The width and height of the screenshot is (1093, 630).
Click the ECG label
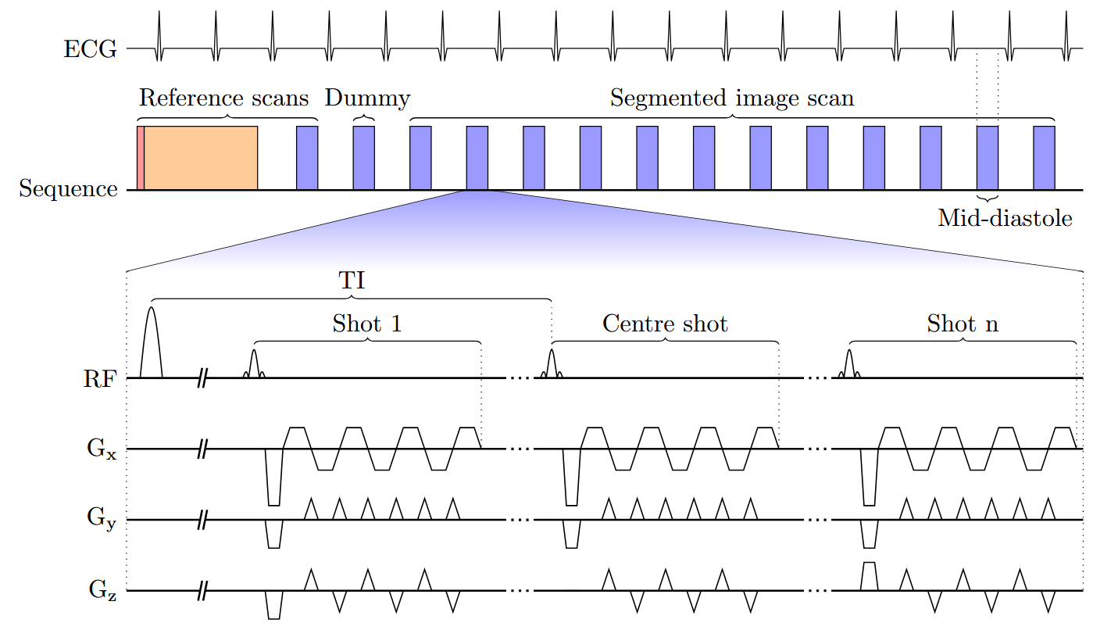pyautogui.click(x=90, y=49)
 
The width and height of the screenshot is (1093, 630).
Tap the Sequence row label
pyautogui.click(x=69, y=189)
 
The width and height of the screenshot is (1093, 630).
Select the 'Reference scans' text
pyautogui.click(x=223, y=98)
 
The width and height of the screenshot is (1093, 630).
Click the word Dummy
pyautogui.click(x=367, y=98)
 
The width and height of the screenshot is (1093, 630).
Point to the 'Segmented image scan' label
pyautogui.click(x=732, y=98)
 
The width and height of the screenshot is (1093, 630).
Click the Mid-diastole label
pyautogui.click(x=1005, y=218)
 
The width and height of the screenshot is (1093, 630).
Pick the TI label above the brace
pyautogui.click(x=352, y=281)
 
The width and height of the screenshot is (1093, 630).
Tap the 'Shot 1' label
pyautogui.click(x=367, y=324)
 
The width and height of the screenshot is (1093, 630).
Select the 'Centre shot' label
pyautogui.click(x=665, y=324)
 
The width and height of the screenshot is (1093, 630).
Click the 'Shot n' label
pyautogui.click(x=963, y=324)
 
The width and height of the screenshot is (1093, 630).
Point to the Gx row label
pyautogui.click(x=102, y=451)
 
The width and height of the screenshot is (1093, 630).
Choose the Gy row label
pyautogui.click(x=102, y=518)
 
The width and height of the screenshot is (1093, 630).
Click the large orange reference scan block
pyautogui.click(x=201, y=157)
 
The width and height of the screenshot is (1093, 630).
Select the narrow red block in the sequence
pyautogui.click(x=140, y=157)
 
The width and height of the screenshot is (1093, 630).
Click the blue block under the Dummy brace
pyautogui.click(x=363, y=157)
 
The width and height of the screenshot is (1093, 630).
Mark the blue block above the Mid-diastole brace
pyautogui.click(x=987, y=157)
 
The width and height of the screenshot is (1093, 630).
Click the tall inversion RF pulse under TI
pyautogui.click(x=151, y=344)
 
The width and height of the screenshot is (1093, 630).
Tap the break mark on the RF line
pyautogui.click(x=202, y=378)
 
